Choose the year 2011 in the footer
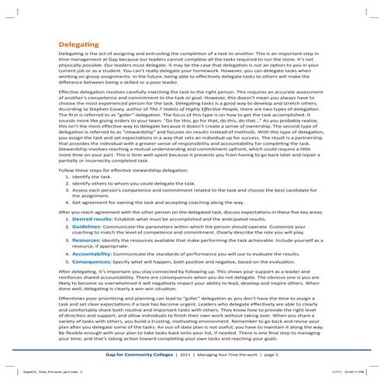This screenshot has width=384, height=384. [187, 353]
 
